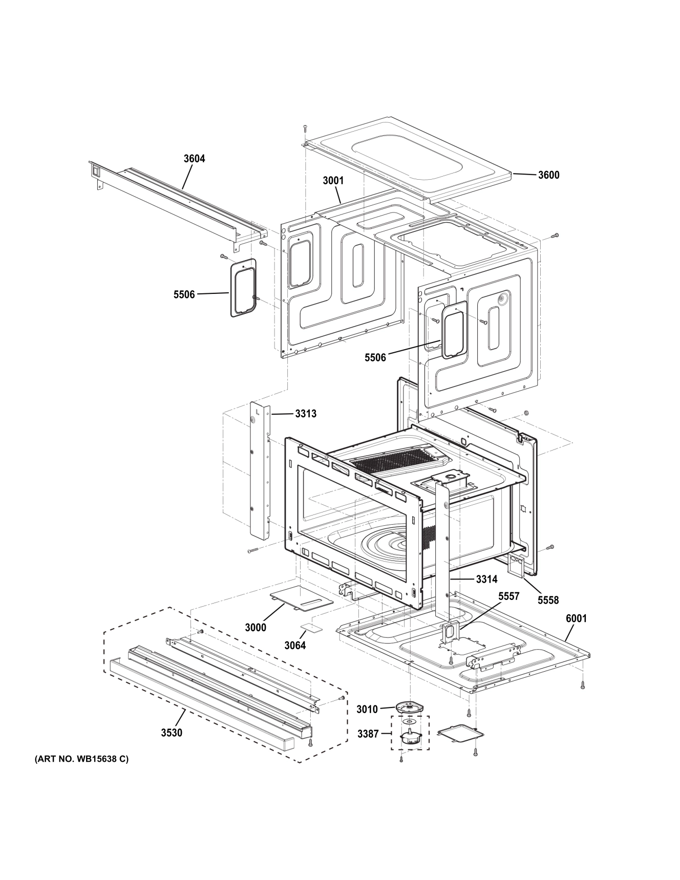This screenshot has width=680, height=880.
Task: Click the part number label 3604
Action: click(194, 159)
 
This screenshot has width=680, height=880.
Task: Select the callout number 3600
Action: click(548, 175)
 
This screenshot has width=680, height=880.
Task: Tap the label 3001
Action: click(333, 181)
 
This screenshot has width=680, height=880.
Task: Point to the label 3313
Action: click(306, 414)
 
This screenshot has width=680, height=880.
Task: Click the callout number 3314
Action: click(486, 579)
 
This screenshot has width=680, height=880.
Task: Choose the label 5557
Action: click(508, 596)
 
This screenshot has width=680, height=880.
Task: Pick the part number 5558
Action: click(548, 600)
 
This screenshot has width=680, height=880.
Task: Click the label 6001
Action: click(576, 618)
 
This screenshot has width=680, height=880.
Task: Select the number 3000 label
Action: click(255, 628)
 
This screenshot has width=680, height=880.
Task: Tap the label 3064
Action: click(295, 646)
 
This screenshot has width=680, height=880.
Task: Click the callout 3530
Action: click(172, 733)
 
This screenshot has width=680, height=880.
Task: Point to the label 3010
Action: click(367, 710)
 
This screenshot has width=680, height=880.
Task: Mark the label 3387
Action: click(368, 734)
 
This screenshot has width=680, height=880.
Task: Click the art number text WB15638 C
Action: click(81, 774)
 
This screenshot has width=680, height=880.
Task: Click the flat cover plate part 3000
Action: click(301, 598)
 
